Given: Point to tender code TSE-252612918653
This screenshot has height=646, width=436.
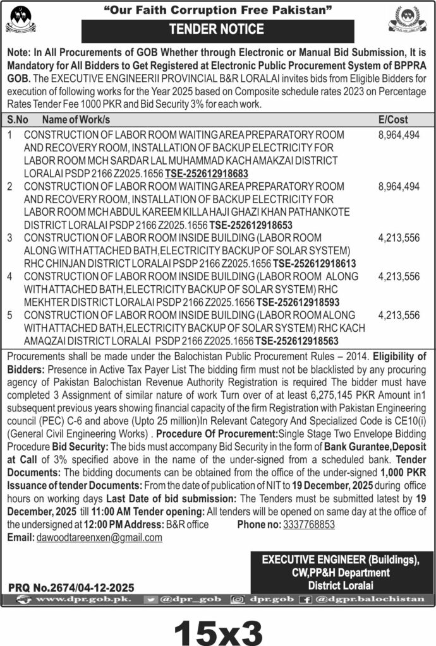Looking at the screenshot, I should pyautogui.click(x=250, y=224).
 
